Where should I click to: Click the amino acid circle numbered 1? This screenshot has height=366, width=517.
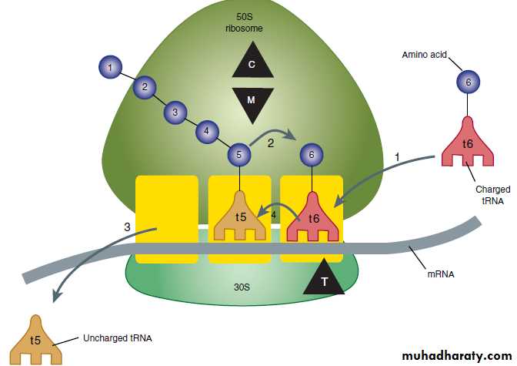click(111, 69)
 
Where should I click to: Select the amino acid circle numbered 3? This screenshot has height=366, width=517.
click(175, 112)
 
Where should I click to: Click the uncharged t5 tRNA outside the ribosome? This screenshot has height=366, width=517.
click(35, 339)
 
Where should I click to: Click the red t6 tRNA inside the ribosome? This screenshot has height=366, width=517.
click(312, 217)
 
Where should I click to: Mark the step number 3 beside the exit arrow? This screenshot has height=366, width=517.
click(127, 227)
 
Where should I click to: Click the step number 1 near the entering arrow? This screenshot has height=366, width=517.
click(397, 156)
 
